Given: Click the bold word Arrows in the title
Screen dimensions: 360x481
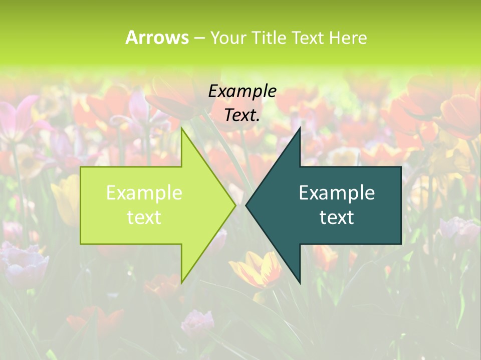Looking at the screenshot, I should click(157, 37).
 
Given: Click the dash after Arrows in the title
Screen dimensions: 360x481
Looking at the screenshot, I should click(199, 38).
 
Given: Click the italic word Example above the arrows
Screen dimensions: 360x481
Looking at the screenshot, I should click(242, 91).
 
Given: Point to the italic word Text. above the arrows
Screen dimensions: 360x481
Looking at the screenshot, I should click(242, 115).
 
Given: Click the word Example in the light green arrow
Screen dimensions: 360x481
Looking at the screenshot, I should click(144, 193).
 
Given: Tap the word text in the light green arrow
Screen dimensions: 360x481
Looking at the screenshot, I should click(144, 217).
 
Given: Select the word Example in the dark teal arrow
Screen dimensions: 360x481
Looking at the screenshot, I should click(337, 193).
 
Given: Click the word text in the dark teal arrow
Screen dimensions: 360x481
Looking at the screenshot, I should click(337, 217).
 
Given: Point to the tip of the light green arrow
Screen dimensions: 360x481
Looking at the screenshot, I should click(235, 205).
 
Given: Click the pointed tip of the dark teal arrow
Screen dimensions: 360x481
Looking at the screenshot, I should click(246, 205).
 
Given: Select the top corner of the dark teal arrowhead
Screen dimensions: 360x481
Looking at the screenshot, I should click(300, 128).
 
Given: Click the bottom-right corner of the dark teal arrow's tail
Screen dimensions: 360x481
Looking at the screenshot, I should click(401, 244).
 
